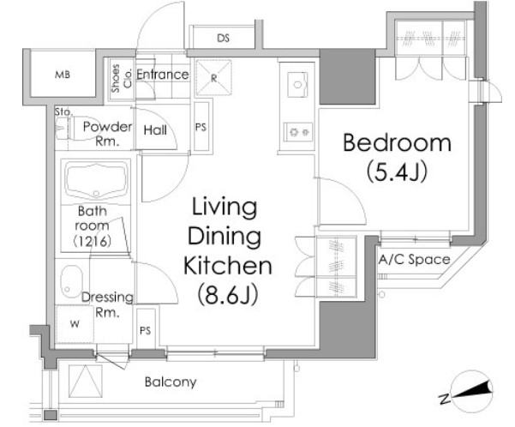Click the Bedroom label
pyautogui.click(x=397, y=142)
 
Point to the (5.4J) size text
pyautogui.click(x=397, y=171)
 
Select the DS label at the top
pyautogui.click(x=223, y=38)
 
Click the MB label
pyautogui.click(x=63, y=75)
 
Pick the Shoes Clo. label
pyautogui.click(x=121, y=79)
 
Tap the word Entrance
pyautogui.click(x=163, y=75)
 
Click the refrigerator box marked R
pyautogui.click(x=213, y=77)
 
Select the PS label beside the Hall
pyautogui.click(x=201, y=127)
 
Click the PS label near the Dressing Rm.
pyautogui.click(x=145, y=330)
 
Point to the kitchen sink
pyautogui.click(x=297, y=85)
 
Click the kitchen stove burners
pyautogui.click(x=298, y=132)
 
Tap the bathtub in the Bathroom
pyautogui.click(x=96, y=180)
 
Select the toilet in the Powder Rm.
pyautogui.click(x=80, y=129)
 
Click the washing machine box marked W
pyautogui.click(x=75, y=324)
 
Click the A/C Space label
pyautogui.click(x=414, y=260)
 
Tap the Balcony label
pyautogui.click(x=171, y=382)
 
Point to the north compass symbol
pyautogui.click(x=472, y=393)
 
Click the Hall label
pyautogui.click(x=155, y=130)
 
